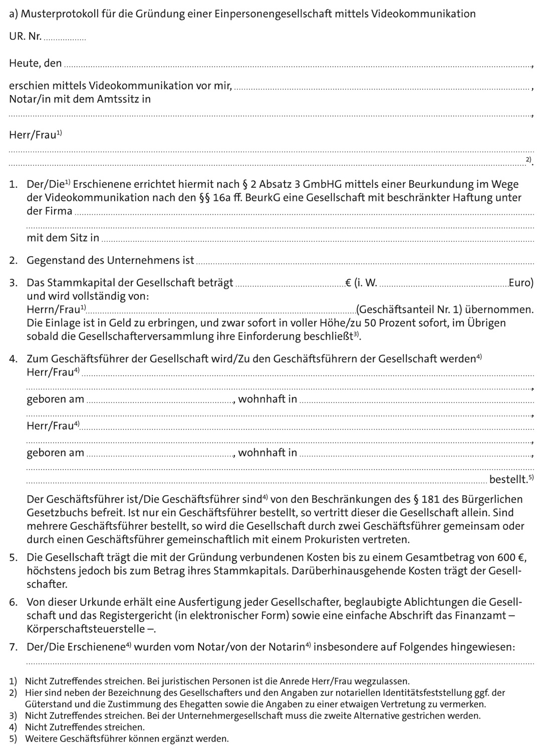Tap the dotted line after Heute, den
coord(298,66)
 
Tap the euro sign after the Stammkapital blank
coord(348,283)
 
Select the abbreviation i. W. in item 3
coord(366,283)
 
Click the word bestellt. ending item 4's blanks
coord(508,480)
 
